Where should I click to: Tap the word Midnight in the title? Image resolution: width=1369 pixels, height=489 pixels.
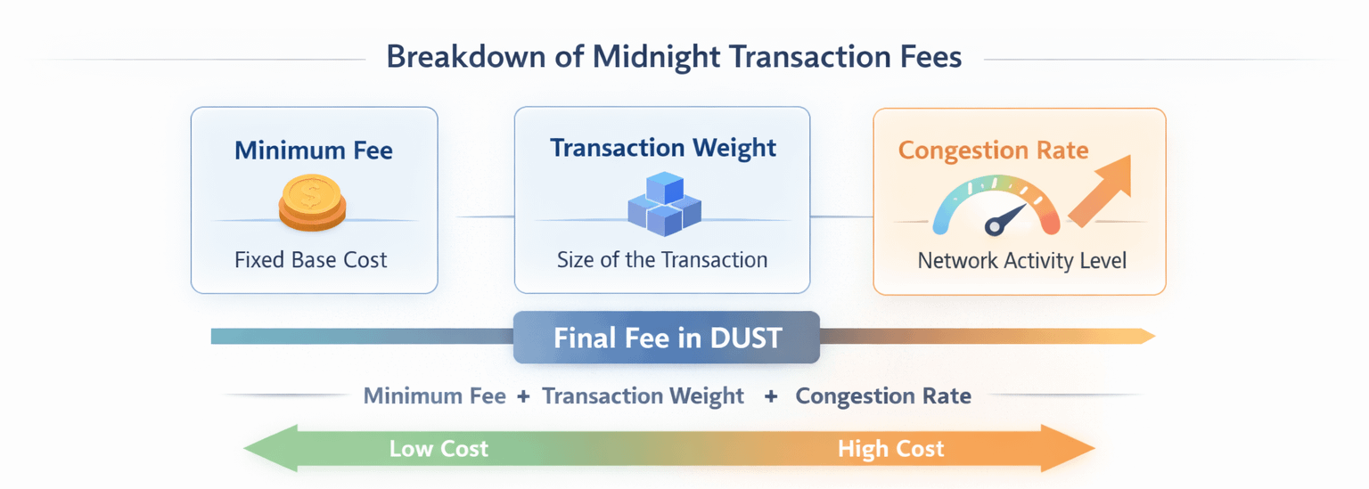[x=656, y=58]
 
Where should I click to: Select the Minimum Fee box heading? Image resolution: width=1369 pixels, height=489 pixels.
[x=314, y=151]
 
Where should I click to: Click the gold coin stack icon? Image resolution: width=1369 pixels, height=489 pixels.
[x=311, y=203]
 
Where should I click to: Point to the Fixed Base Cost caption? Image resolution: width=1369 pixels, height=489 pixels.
[x=311, y=260]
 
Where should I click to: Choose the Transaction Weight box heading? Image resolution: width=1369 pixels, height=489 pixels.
[x=663, y=148]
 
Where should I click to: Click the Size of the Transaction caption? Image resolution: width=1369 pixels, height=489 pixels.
[x=662, y=260]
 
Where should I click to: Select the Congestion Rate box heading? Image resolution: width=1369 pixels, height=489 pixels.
[x=993, y=150]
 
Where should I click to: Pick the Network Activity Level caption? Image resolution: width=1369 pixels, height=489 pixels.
[x=1022, y=261]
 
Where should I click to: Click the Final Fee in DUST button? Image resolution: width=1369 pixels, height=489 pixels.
[x=667, y=338]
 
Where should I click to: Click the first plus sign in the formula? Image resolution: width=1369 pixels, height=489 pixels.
[x=523, y=395]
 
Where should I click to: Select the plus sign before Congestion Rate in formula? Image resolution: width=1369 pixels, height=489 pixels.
[x=770, y=395]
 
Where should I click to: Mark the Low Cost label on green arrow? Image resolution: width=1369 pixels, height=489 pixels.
[x=439, y=448]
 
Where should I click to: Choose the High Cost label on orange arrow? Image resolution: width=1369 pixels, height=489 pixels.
[x=890, y=448]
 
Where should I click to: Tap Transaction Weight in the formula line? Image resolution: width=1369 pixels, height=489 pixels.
[x=643, y=395]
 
